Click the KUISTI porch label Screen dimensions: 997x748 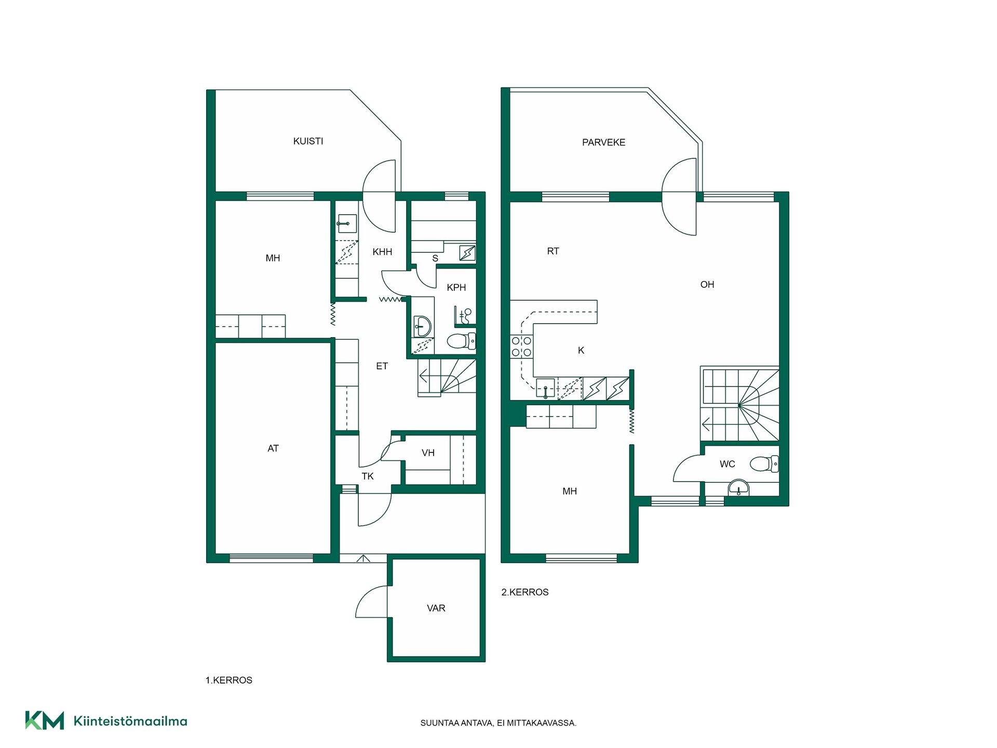(308, 141)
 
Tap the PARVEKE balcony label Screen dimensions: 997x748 (603, 142)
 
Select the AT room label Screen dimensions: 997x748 (273, 448)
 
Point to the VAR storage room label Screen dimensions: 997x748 (436, 608)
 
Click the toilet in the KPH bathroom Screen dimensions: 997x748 (461, 341)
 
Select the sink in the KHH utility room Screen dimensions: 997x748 (347, 224)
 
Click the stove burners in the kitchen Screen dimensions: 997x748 (521, 347)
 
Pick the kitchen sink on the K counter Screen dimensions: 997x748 (545, 388)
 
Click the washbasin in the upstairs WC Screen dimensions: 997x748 (738, 487)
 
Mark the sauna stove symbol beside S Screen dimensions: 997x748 (467, 253)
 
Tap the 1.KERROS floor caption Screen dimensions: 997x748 (229, 680)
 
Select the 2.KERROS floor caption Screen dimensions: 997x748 (525, 592)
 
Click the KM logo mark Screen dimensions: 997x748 (45, 720)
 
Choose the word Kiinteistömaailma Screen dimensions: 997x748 (130, 721)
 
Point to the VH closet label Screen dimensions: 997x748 (428, 453)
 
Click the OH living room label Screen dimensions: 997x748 (707, 285)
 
